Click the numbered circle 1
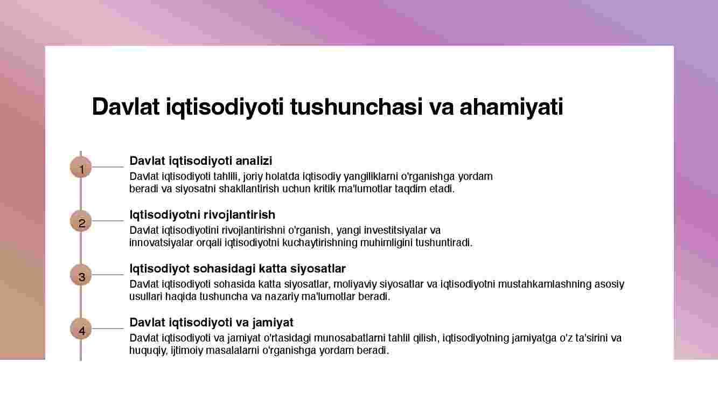coord(81,167)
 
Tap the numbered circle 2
coord(81,221)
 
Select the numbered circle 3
coord(81,275)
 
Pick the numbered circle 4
coord(81,329)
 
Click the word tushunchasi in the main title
coord(357,107)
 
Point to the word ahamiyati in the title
coord(511,108)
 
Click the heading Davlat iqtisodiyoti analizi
coord(201,161)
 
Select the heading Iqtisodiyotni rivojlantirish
coord(203,215)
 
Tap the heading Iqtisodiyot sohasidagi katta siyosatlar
coord(238,269)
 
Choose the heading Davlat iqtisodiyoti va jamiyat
coord(211,323)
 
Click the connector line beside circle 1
coord(108,167)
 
